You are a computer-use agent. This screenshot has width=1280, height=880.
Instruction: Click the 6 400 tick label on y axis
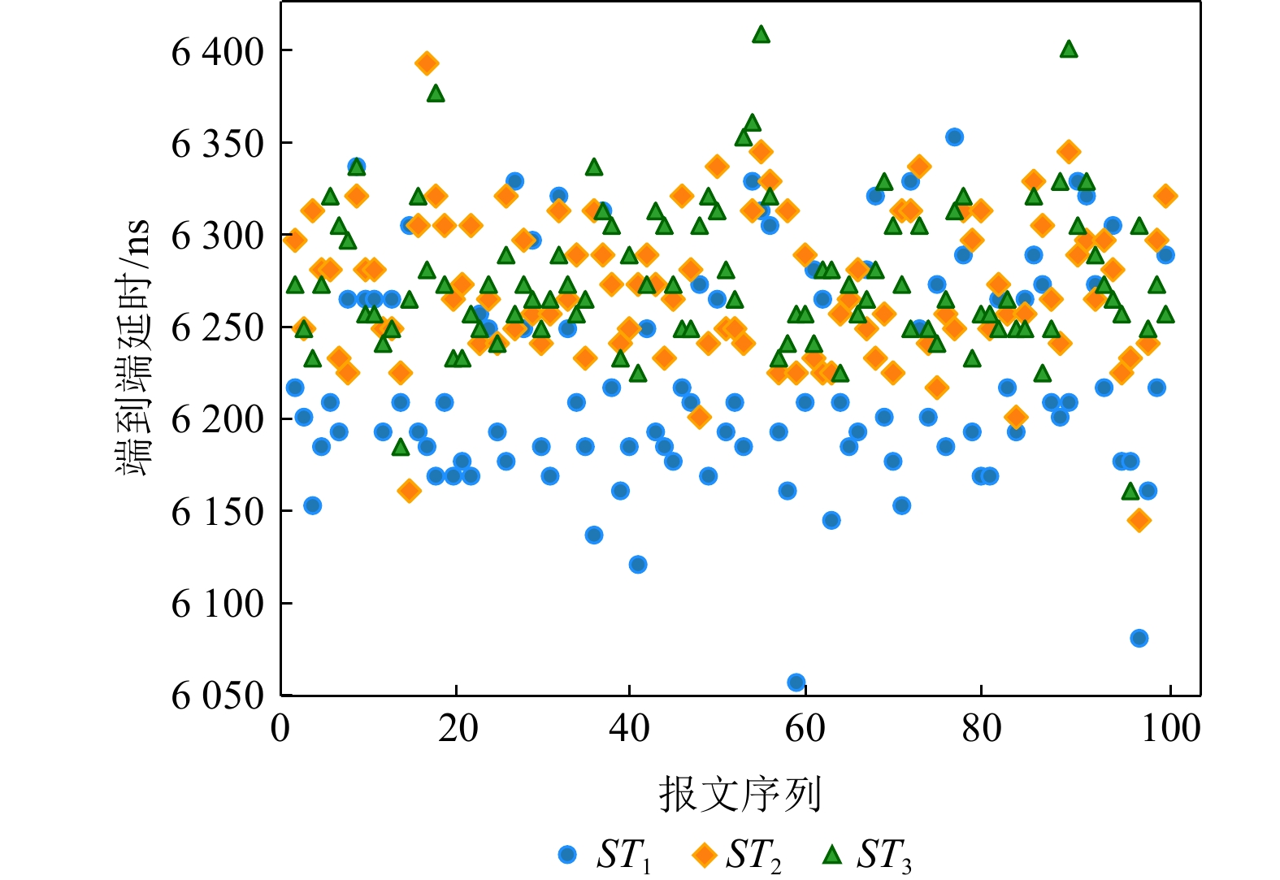coord(217,53)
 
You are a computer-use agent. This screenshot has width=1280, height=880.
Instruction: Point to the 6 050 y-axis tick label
coord(217,696)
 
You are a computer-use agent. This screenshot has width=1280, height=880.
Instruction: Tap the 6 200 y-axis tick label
coord(217,420)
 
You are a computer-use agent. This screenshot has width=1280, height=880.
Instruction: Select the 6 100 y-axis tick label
coord(217,605)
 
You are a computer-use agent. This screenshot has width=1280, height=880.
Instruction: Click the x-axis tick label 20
coord(458,728)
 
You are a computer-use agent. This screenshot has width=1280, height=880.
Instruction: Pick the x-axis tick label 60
coord(805,728)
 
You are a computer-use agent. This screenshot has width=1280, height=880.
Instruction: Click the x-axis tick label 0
coord(280,728)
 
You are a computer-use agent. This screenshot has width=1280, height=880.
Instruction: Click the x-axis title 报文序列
coord(740,794)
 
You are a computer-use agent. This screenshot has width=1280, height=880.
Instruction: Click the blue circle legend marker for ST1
coord(567,854)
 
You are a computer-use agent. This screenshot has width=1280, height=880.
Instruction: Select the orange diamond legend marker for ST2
coord(703,854)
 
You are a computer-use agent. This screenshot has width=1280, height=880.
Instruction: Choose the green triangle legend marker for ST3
coord(832,854)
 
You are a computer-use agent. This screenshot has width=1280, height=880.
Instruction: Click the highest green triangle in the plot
coord(761,34)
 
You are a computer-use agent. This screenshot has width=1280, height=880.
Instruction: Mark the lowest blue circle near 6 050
coord(796,683)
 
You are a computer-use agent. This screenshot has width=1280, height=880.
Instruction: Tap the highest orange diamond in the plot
coord(427,63)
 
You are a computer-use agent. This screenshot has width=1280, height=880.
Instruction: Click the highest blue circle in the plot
coord(954,137)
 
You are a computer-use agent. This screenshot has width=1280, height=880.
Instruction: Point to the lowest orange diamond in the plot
coord(1139,520)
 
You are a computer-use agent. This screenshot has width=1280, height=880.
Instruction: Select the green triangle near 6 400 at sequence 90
coord(1069,50)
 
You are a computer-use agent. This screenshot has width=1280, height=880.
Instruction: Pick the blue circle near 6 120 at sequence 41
coord(638,565)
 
